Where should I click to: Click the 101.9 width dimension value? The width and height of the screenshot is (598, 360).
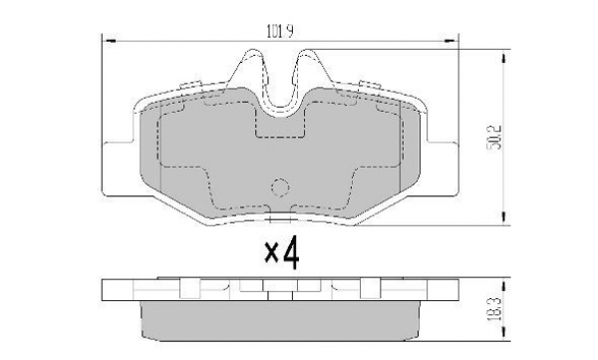point(279,31)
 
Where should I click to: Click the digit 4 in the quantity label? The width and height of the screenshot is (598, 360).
point(291,252)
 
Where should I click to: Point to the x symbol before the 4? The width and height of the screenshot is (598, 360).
point(271,253)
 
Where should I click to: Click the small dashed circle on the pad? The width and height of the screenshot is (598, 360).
point(280,187)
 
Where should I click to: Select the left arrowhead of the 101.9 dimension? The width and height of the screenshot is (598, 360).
point(110,40)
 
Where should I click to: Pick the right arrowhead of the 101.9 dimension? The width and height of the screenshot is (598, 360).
point(449,40)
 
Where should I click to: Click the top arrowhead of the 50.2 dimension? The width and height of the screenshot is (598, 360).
point(504,59)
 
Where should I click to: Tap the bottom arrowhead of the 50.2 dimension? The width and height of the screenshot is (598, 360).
point(504,216)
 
